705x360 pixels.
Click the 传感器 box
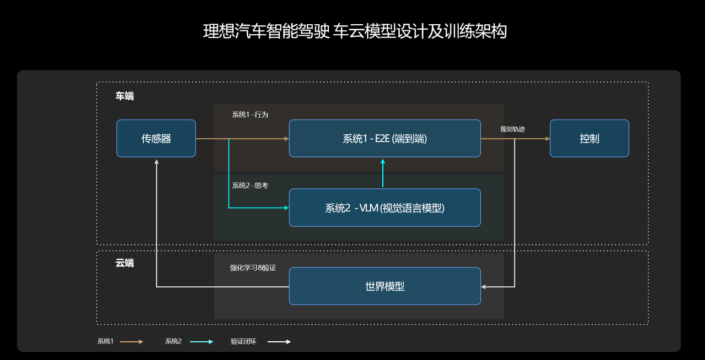[156, 138]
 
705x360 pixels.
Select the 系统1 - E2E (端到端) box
[384, 138]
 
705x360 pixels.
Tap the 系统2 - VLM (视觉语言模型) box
[384, 208]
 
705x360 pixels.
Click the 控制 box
[589, 138]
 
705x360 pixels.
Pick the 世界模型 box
[384, 286]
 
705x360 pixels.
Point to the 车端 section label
[124, 96]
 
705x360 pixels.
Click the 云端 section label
[124, 263]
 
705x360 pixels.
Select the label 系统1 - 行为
[250, 114]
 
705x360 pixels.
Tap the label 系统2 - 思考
[250, 186]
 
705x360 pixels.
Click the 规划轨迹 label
[512, 129]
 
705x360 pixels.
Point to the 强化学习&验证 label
[253, 268]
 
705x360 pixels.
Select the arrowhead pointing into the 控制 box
[547, 139]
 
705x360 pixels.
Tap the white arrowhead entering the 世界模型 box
[484, 287]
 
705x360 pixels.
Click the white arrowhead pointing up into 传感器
[156, 162]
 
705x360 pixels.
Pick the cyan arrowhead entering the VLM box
[286, 208]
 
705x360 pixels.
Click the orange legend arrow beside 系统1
[132, 342]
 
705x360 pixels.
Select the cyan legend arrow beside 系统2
[202, 342]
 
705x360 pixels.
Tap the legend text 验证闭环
[243, 341]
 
